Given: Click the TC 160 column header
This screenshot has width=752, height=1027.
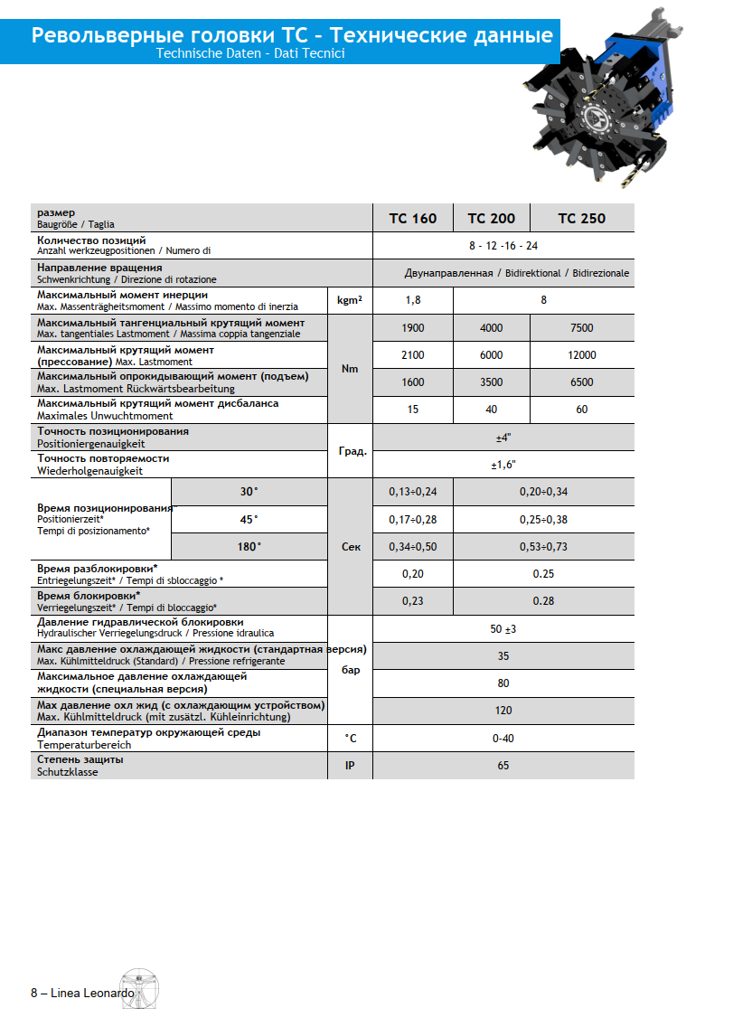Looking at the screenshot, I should tap(412, 218).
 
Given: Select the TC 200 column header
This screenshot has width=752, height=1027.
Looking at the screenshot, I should tap(491, 218).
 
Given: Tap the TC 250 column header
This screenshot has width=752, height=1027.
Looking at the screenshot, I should tap(581, 218).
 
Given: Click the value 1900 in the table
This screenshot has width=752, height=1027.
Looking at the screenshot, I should tap(412, 328).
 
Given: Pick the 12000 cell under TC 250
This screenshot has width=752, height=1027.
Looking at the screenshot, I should tap(581, 355).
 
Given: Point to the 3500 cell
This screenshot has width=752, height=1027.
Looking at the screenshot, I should tap(491, 382).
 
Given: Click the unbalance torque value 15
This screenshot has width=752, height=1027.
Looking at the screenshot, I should tap(412, 410).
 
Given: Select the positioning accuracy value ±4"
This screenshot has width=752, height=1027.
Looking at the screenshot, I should tap(503, 438).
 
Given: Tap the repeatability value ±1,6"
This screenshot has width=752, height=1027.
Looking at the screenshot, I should tap(503, 465).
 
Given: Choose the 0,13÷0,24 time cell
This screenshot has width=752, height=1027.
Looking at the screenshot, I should tap(412, 492).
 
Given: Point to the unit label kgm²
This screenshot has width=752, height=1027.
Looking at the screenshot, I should tap(350, 300).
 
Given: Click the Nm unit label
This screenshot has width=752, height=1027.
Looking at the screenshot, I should tap(350, 369).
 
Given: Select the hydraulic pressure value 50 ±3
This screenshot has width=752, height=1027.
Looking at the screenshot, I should tap(503, 628).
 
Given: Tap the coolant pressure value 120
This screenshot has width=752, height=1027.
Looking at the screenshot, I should tap(503, 711).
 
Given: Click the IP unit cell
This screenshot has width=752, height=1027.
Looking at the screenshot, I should tap(350, 766).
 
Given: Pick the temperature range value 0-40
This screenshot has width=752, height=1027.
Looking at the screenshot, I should tap(503, 739).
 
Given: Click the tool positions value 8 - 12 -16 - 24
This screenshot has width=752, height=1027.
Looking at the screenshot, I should tap(503, 246).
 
